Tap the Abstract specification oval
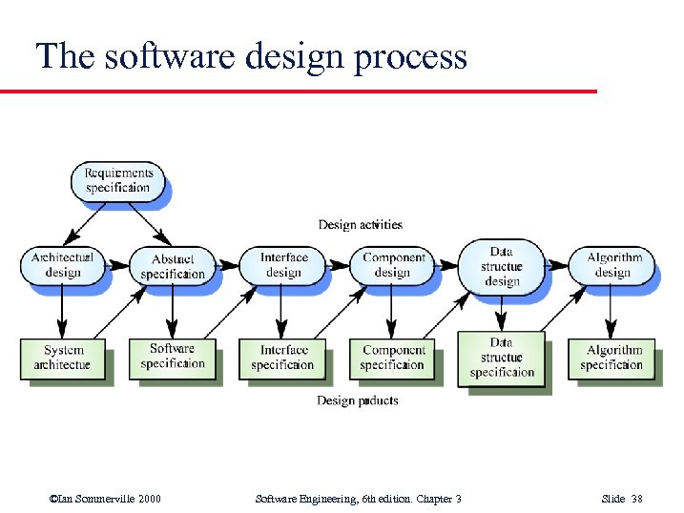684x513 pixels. (172, 266)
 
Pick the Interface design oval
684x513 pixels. (283, 264)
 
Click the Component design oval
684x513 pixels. (393, 264)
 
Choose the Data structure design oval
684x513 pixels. (502, 266)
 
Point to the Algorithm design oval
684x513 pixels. (613, 264)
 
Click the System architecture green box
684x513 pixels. (62, 358)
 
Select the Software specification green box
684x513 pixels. (172, 357)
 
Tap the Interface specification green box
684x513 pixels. (283, 358)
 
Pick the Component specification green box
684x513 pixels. (393, 358)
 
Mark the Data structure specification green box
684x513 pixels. (502, 358)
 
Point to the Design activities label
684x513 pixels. (360, 225)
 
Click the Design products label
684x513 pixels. (357, 400)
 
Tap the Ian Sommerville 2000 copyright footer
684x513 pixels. (105, 499)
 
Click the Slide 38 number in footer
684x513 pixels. (626, 499)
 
